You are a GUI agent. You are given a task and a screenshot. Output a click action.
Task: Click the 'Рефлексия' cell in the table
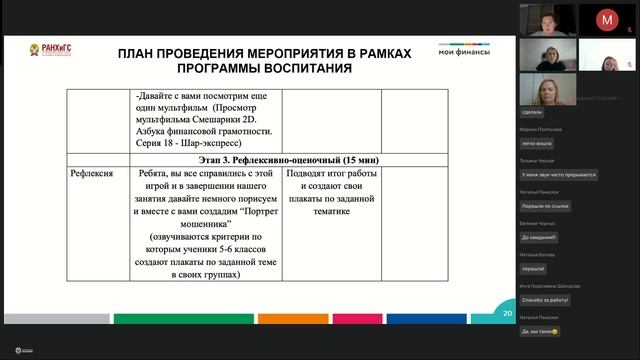click(x=94, y=174)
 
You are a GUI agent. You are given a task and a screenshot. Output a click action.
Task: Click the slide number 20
click(x=507, y=314)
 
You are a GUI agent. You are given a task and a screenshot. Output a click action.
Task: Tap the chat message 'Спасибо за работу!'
click(x=545, y=299)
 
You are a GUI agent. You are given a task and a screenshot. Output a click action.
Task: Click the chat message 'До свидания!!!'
click(x=539, y=237)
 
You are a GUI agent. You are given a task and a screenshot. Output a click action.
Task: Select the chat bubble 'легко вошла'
click(x=538, y=144)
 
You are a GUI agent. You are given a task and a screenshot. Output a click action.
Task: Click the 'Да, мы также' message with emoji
click(x=540, y=330)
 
